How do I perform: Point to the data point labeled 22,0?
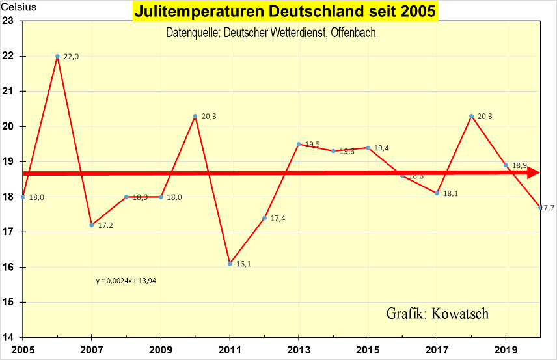coord(57,56)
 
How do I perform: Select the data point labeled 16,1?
coord(230,263)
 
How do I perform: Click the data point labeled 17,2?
coord(92,225)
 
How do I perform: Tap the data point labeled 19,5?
coord(299,144)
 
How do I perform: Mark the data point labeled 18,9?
coord(506,165)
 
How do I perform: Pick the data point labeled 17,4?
coord(264,217)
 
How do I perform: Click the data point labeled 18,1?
coord(437,193)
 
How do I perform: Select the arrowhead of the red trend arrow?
coord(533,173)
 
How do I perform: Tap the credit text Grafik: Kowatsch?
coord(437,313)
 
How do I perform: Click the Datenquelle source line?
coord(271,33)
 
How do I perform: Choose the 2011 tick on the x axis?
coord(230,348)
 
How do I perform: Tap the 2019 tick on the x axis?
coord(506,348)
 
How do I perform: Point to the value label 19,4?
coord(382,148)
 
